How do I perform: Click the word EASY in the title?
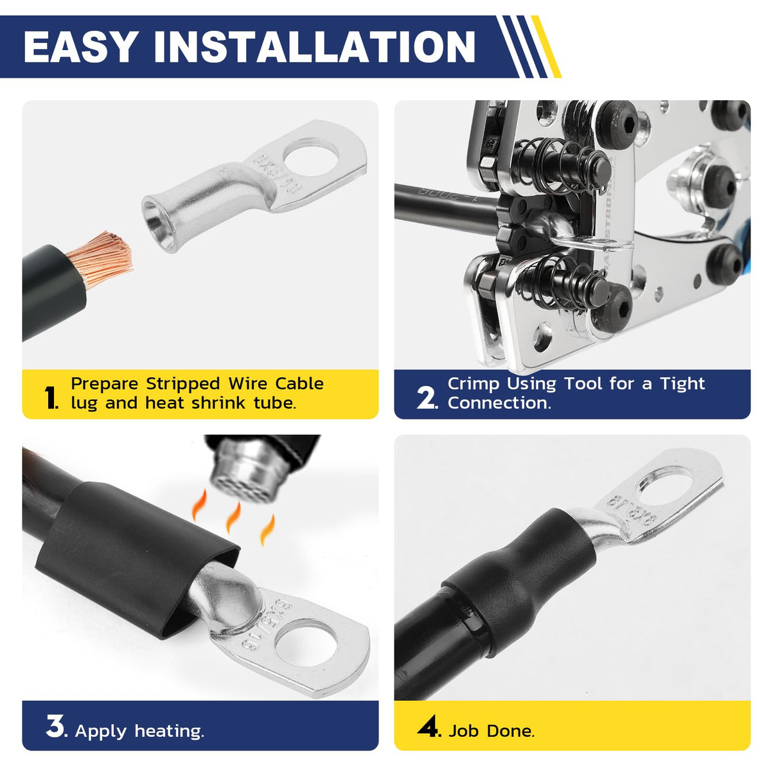80,47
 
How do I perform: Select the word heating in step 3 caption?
169,731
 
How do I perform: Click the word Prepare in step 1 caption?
105,384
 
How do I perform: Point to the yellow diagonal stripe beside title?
546,47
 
